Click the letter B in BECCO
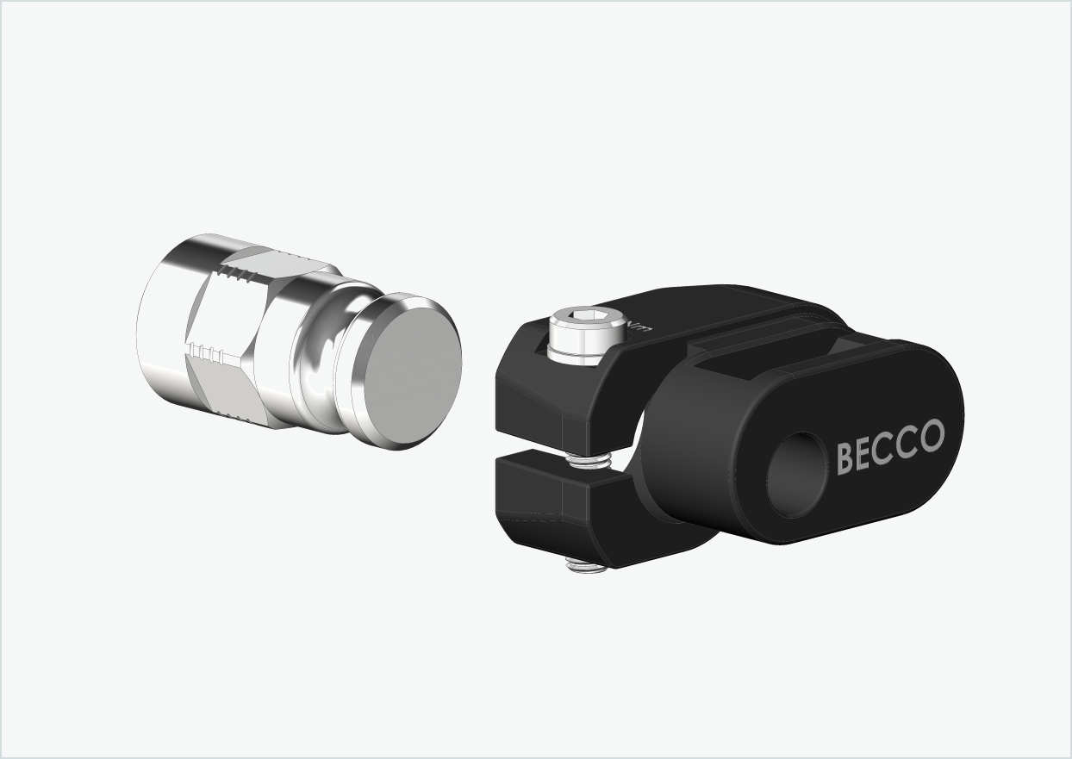tap(846, 457)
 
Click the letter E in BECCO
tap(866, 452)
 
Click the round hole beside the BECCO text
tap(798, 475)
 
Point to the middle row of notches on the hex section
tap(210, 352)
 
